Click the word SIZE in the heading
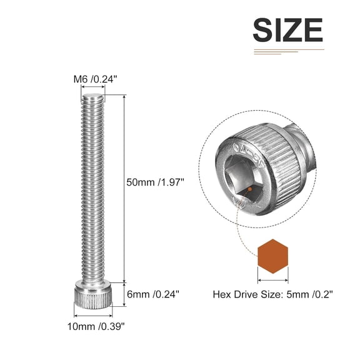pyautogui.click(x=287, y=30)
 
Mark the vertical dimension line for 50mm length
pyautogui.click(x=124, y=187)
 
